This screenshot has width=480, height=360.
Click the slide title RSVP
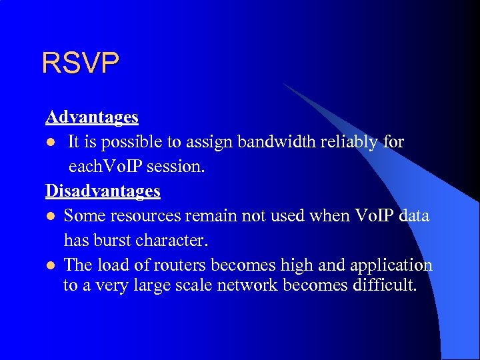coord(81,63)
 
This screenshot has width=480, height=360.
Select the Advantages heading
coord(92,117)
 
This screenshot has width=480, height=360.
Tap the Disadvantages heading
coord(103,191)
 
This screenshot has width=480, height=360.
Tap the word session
coord(179,167)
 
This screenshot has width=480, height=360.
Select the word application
coord(391,265)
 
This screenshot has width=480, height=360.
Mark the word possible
coord(134,143)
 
